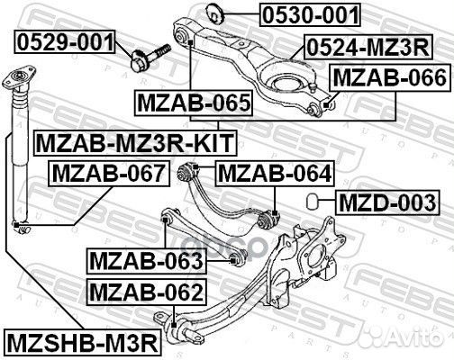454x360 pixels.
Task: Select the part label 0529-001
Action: (x=65, y=41)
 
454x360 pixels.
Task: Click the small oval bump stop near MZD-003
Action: (x=312, y=200)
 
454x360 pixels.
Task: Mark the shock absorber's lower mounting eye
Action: (x=17, y=225)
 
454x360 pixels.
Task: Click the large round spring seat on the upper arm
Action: (x=278, y=84)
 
